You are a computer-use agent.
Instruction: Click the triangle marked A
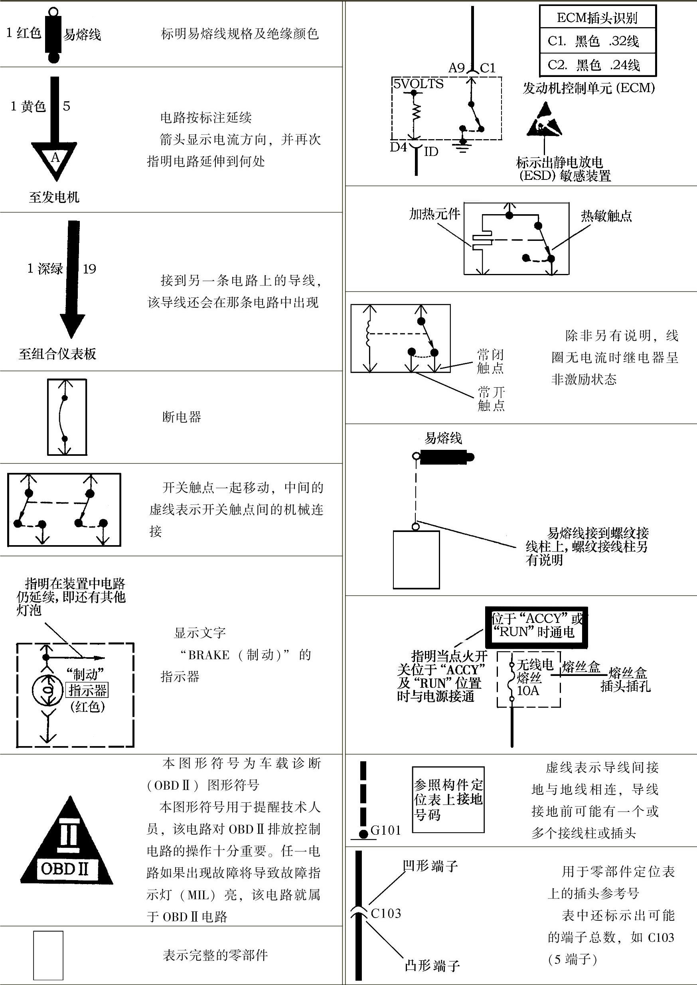point(55,159)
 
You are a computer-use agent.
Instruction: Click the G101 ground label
point(385,830)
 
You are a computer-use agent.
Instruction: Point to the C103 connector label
point(386,913)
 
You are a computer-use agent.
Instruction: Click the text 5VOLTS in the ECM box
point(419,84)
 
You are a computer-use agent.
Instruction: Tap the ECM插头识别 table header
point(597,18)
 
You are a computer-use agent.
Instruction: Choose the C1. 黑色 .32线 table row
point(597,41)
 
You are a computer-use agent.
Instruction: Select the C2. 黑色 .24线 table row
point(597,65)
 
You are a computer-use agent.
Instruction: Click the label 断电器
point(182,417)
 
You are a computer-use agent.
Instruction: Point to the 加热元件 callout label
point(434,214)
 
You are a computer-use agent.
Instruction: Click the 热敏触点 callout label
point(606,216)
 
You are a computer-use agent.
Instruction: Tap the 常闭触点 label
point(491,361)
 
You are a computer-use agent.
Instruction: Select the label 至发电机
point(54,197)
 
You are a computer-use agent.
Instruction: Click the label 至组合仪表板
point(57,354)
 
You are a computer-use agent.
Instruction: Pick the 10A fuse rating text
point(528,690)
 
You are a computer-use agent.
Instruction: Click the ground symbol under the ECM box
point(462,147)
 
